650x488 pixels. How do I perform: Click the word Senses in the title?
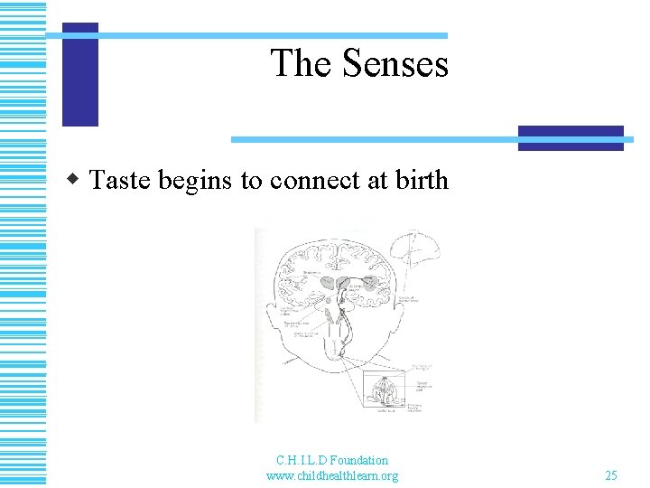394,64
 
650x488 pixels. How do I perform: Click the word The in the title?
300,64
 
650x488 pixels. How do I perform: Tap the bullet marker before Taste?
79,180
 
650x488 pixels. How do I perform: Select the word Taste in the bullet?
121,181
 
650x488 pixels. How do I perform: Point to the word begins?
196,181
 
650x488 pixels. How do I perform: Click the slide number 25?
611,475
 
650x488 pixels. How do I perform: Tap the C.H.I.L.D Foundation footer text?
332,460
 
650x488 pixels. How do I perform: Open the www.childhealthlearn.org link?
332,475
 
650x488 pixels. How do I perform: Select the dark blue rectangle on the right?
571,137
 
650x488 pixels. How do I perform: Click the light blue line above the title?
262,35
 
